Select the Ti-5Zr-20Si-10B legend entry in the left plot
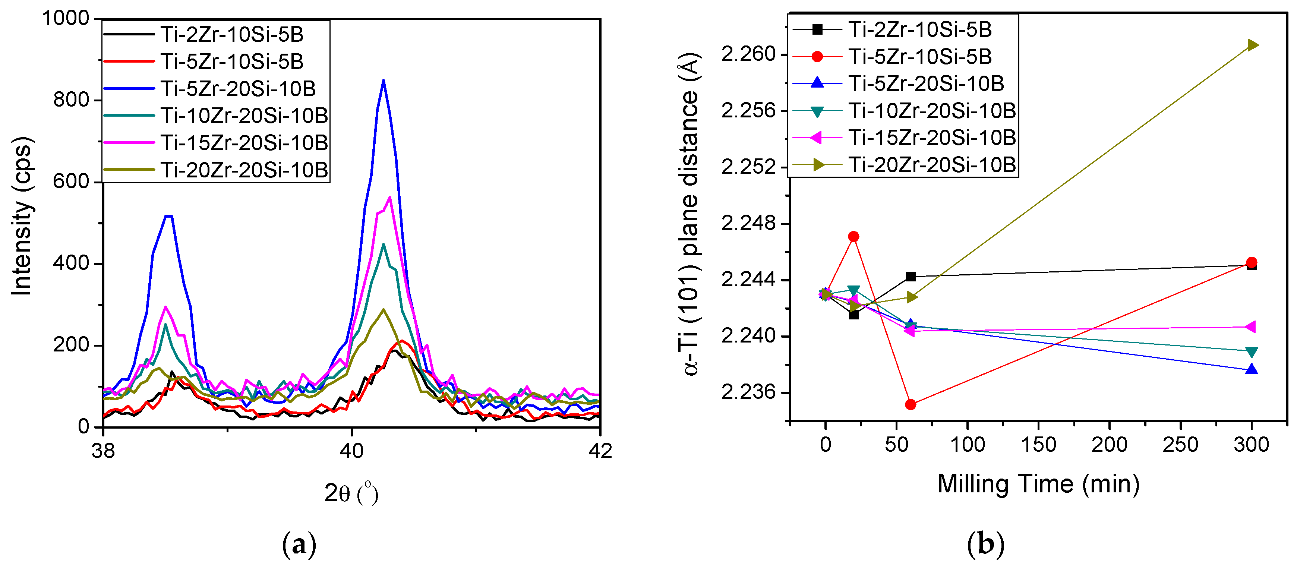238,89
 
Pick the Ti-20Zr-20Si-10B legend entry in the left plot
244,170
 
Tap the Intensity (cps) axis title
22,217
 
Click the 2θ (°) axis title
351,493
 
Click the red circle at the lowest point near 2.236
910,404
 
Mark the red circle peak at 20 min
853,237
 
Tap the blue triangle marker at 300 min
1252,370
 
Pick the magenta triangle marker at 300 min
1251,327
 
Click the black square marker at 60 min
910,277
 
